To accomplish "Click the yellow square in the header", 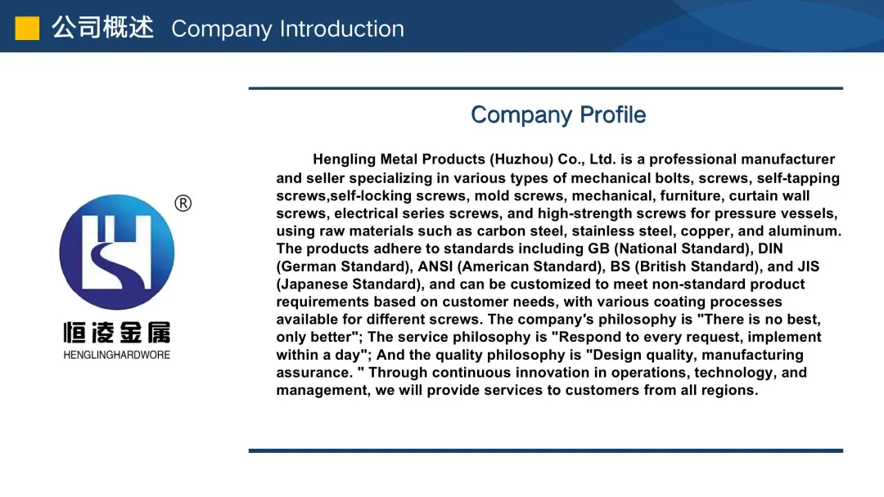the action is coord(27,28).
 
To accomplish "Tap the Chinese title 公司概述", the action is coord(102,28).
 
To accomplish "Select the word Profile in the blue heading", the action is coord(613,114).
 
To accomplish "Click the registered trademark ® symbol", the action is coord(183,204).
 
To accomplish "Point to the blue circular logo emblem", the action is coord(117,252).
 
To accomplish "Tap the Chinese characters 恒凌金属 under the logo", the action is coord(117,333).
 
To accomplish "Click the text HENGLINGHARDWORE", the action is coord(117,355).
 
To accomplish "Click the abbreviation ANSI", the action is coord(435,266).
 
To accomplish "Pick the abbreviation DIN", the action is coord(770,248).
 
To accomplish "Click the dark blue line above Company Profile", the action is coord(546,88).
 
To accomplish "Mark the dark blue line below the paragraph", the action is coord(546,451).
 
